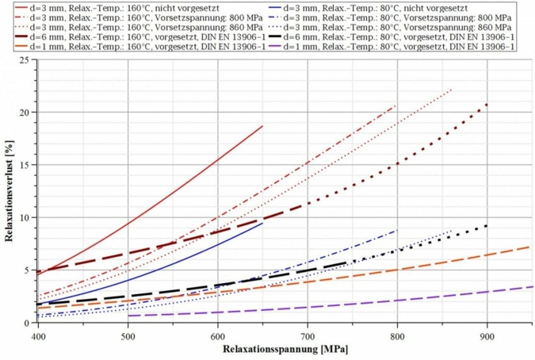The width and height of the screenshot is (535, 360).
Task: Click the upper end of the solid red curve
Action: [262, 126]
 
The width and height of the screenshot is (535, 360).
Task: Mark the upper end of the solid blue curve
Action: [262, 223]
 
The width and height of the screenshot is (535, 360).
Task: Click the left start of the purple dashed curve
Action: [128, 316]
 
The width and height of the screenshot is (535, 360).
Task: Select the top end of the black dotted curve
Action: [487, 226]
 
